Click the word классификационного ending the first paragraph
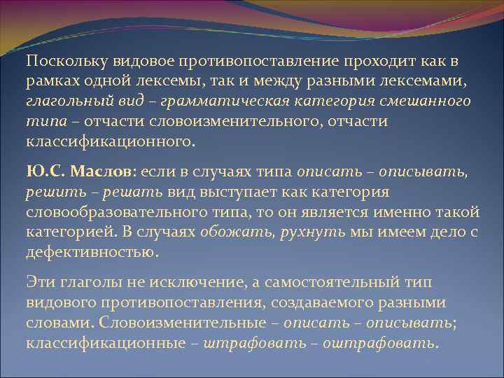click(108, 141)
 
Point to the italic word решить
click(48, 192)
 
